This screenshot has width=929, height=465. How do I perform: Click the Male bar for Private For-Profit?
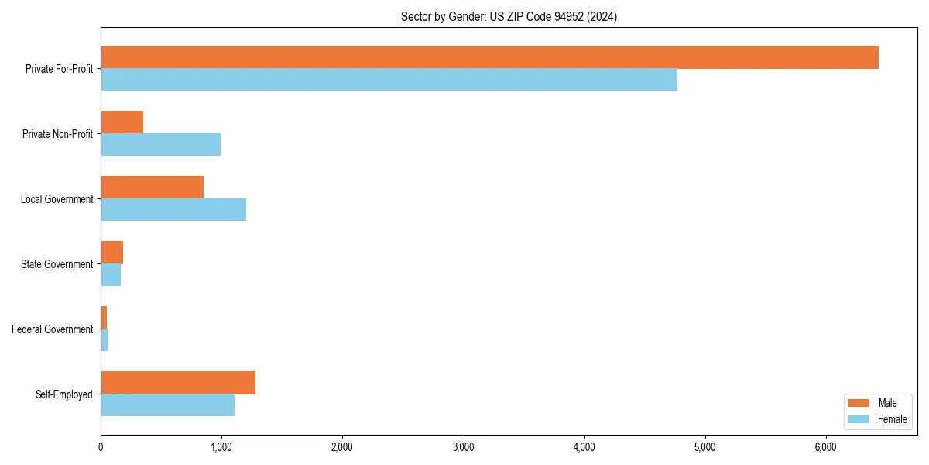click(489, 57)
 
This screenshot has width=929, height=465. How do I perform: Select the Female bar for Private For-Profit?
click(389, 80)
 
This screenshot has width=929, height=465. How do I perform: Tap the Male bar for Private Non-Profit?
click(122, 122)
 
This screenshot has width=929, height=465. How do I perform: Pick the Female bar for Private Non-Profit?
click(160, 145)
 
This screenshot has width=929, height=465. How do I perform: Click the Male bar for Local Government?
click(152, 188)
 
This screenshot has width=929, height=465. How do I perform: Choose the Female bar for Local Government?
click(173, 210)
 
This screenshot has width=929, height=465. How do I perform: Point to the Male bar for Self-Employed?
click(178, 383)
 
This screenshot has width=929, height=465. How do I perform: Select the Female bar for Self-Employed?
click(167, 405)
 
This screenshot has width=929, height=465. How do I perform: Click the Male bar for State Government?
click(111, 253)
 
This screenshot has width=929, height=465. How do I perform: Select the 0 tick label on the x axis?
click(101, 447)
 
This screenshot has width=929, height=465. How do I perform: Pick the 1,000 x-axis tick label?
click(221, 447)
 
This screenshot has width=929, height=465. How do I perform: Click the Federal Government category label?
click(52, 329)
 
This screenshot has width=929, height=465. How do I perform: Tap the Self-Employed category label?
click(63, 394)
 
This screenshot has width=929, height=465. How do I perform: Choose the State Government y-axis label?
click(57, 264)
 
